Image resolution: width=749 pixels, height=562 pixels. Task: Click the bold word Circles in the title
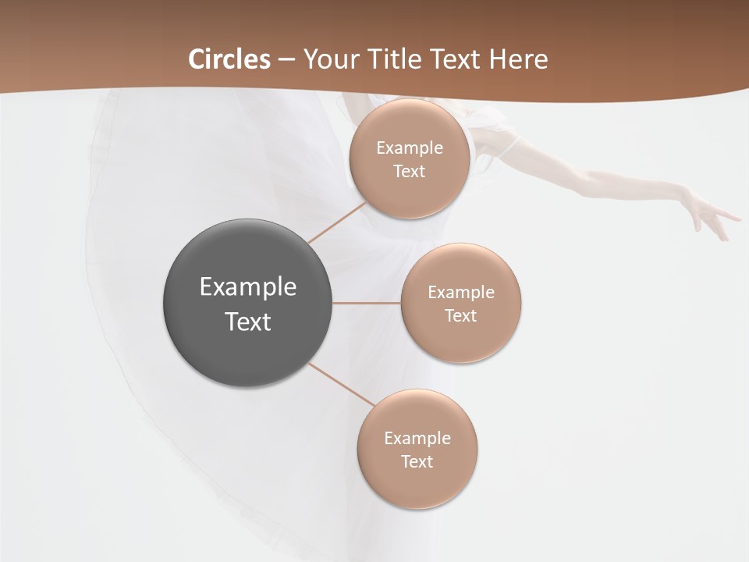tap(229, 59)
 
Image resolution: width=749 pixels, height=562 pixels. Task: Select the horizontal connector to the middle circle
tap(367, 303)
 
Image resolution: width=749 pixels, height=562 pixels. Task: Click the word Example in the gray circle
tap(247, 287)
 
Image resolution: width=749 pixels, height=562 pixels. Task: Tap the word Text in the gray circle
tap(247, 322)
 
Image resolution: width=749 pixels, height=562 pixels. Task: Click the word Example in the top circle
tap(409, 148)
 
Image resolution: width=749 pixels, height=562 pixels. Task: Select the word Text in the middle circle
tap(460, 316)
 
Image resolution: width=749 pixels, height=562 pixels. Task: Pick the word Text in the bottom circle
tap(417, 462)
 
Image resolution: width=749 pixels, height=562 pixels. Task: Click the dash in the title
tap(286, 60)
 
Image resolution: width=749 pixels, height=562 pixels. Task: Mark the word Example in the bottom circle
tap(417, 439)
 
